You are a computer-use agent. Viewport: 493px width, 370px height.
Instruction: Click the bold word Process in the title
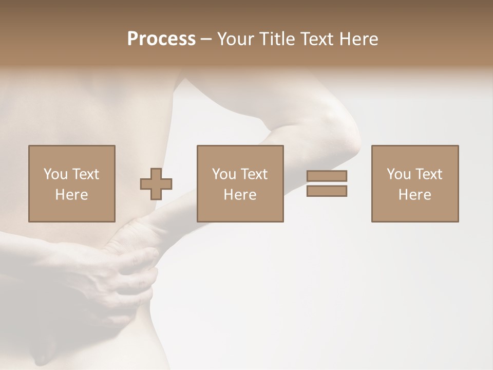161,39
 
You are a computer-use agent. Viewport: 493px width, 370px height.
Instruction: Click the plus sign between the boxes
156,184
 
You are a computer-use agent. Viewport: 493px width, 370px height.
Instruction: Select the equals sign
327,183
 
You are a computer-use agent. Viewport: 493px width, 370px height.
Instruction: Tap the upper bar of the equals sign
327,176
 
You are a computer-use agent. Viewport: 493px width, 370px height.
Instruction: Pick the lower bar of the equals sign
327,191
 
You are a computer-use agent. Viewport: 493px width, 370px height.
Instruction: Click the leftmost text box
72,183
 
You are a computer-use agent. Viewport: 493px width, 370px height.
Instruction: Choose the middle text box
240,183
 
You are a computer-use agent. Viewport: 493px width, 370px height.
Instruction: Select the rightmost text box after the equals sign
415,183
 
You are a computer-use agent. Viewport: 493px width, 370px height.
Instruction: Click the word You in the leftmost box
55,174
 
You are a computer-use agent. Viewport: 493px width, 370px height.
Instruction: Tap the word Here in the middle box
240,194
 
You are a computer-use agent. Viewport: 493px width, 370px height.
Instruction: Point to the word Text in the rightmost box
428,174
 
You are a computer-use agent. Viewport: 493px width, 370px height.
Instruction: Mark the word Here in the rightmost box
415,194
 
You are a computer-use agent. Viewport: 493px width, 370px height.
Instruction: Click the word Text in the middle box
254,174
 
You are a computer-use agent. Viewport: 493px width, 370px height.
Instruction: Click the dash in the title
206,40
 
